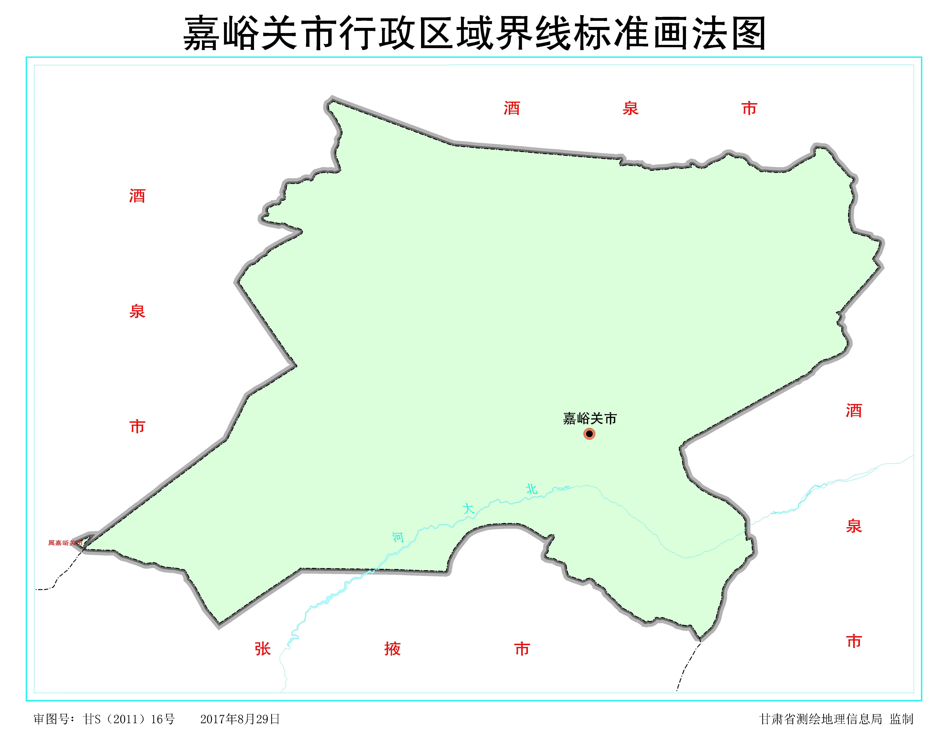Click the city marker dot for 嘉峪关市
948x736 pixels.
point(589,434)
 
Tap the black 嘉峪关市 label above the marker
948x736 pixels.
point(589,419)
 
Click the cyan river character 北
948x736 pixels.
point(532,489)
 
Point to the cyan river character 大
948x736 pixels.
point(468,508)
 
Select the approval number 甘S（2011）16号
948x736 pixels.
point(129,719)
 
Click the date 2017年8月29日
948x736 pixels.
point(240,719)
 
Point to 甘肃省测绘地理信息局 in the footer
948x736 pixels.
point(820,719)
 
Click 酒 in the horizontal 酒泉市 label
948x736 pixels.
point(512,108)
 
